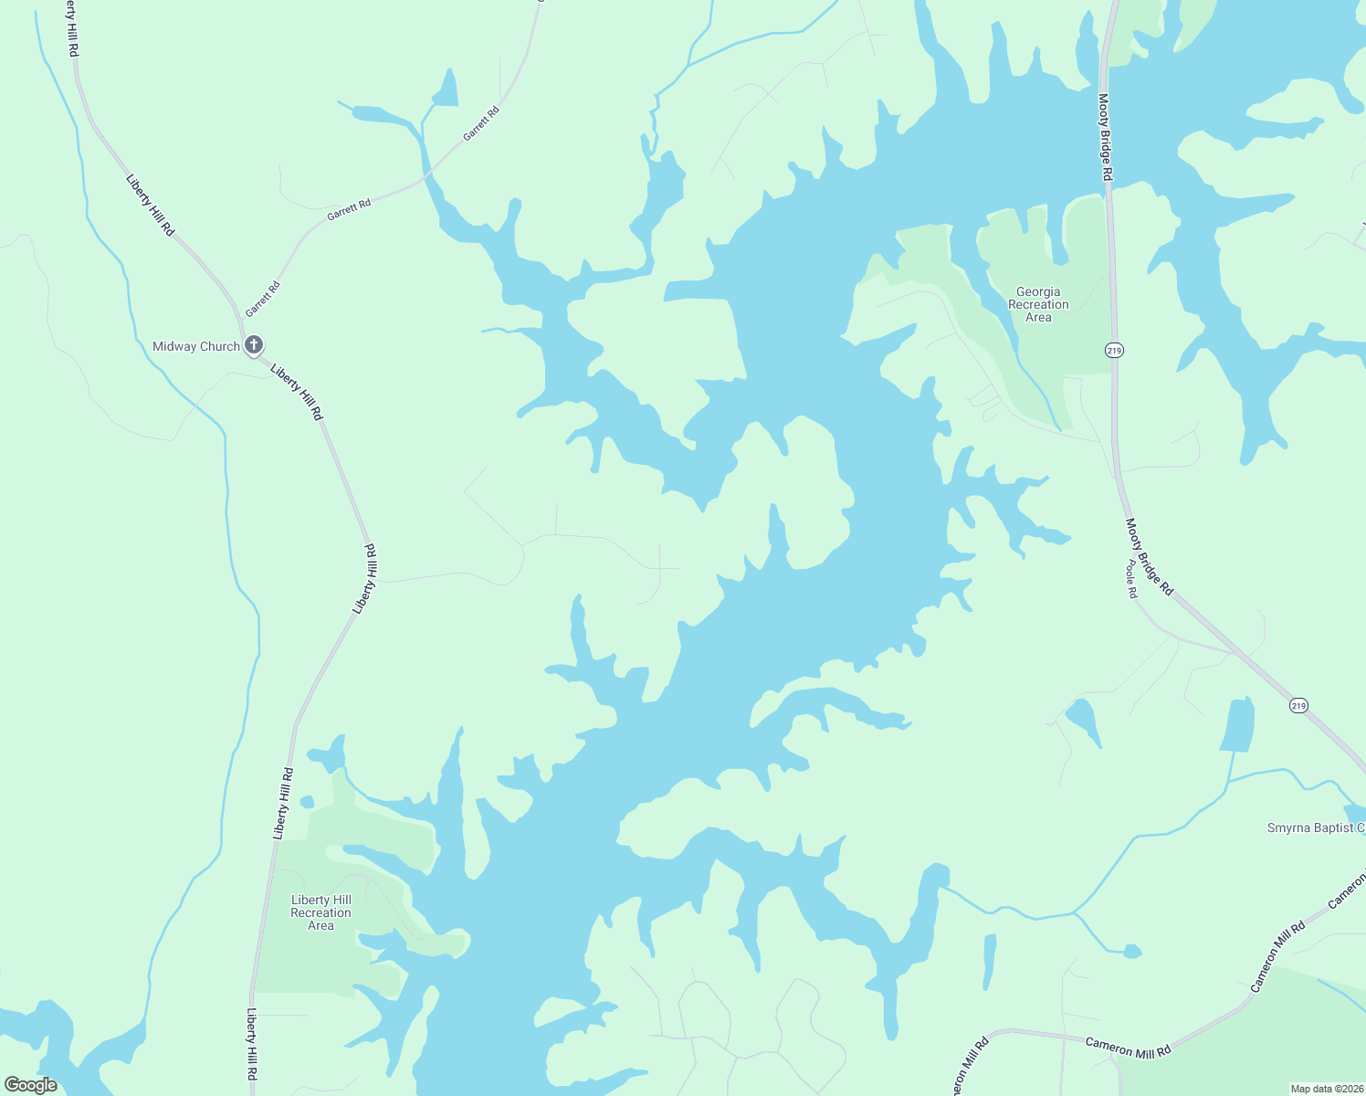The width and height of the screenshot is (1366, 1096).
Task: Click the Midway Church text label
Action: click(195, 346)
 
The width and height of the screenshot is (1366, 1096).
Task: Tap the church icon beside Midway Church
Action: click(254, 345)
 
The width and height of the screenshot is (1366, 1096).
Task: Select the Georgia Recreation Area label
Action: click(1038, 304)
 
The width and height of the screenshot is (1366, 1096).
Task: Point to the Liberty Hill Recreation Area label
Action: click(320, 912)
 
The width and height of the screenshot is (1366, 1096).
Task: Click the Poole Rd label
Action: click(1132, 579)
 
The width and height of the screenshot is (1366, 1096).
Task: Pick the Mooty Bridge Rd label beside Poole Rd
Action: click(1149, 557)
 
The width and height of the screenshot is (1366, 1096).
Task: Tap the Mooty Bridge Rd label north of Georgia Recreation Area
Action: click(1105, 137)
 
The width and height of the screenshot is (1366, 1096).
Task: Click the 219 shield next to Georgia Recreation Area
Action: click(1114, 350)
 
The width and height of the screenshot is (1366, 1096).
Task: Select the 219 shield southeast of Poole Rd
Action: click(1298, 705)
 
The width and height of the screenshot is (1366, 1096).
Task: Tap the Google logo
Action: click(30, 1085)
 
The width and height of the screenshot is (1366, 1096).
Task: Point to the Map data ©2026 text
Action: click(1326, 1089)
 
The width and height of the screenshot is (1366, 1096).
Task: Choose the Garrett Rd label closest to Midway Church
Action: click(263, 299)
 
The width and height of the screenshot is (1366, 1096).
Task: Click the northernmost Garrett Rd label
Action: click(481, 124)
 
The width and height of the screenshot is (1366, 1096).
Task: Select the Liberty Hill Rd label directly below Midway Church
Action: click(297, 392)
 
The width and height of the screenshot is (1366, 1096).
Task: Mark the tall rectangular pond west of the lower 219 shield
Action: click(1238, 724)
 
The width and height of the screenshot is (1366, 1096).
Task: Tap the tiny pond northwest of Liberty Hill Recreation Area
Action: click(307, 802)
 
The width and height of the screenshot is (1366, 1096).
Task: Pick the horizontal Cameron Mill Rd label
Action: click(1128, 1047)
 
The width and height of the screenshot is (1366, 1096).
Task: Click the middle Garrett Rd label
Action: click(349, 209)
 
